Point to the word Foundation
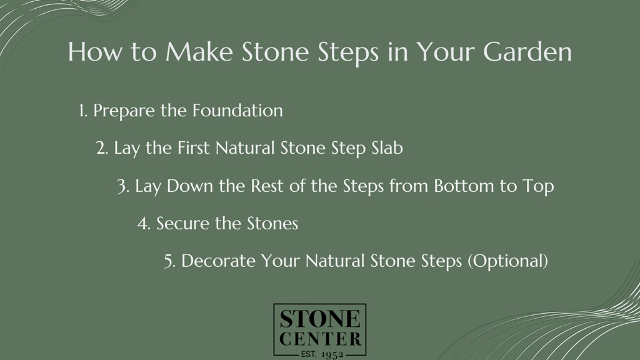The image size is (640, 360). (x=237, y=111)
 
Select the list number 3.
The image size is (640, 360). (x=122, y=186)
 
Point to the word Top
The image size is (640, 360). (x=538, y=186)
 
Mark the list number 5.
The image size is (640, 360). (x=169, y=261)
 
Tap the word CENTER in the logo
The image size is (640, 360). (x=320, y=339)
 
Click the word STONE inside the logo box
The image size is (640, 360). (x=320, y=320)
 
